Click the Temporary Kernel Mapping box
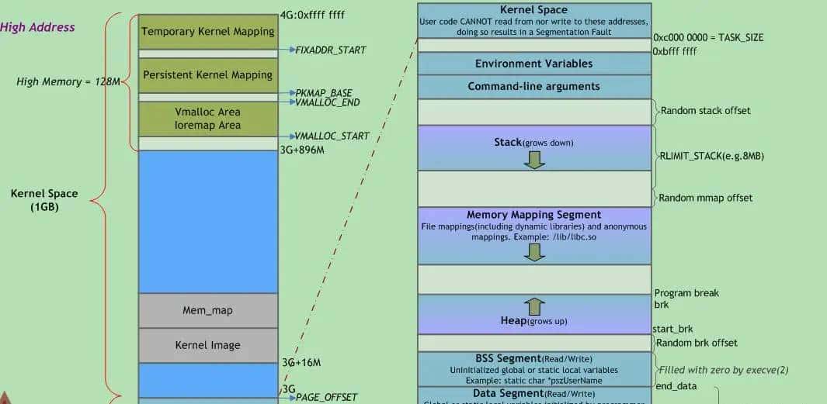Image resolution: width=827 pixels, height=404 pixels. pos(208,32)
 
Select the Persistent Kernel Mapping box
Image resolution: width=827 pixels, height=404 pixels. pos(208,75)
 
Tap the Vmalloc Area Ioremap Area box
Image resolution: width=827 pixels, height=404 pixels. pos(208,119)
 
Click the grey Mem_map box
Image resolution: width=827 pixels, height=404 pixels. pos(208,310)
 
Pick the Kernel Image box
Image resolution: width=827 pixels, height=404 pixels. pos(208,345)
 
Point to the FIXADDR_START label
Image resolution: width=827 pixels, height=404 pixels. pos(330,50)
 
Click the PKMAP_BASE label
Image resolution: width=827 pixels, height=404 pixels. pos(324,93)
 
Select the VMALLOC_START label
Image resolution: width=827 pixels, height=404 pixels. pos(332,136)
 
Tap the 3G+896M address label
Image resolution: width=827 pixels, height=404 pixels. pos(301,150)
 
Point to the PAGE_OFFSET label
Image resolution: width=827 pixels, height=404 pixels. pos(326,397)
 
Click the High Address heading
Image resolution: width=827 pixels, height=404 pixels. pos(37,27)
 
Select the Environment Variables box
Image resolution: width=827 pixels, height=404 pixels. pos(533,64)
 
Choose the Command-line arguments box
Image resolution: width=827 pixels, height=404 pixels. pos(533,86)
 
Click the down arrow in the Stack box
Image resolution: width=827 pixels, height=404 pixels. pos(534,159)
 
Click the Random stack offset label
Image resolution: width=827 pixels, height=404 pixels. pos(705,111)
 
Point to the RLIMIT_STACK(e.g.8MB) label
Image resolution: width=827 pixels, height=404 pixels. pos(711,156)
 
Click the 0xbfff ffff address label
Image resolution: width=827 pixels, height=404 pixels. pos(675,51)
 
